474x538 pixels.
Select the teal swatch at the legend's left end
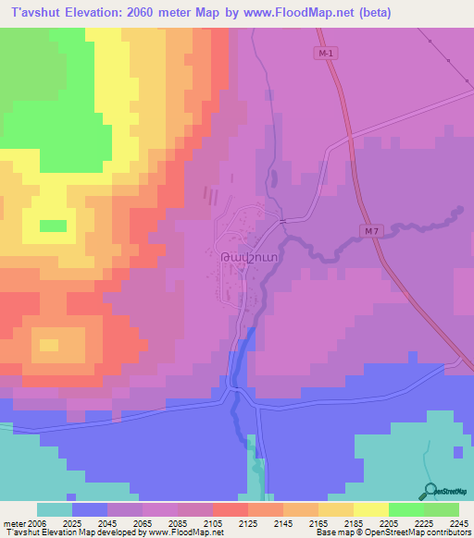pyautogui.click(x=55, y=509)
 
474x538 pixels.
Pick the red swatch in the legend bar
pyautogui.click(x=231, y=509)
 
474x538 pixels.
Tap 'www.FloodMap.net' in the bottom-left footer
pyautogui.click(x=182, y=532)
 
